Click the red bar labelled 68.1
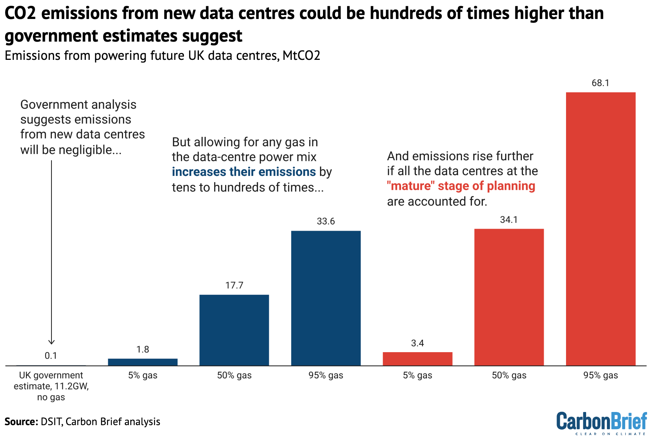[x=600, y=229]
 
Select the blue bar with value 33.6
[x=326, y=298]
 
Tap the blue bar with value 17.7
[x=234, y=330]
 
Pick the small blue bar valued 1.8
[x=143, y=362]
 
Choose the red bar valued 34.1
[x=509, y=297]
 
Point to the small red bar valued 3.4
[x=417, y=359]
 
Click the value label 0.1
[x=51, y=356]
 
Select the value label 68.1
[x=600, y=83]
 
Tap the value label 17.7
[x=234, y=285]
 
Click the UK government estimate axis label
[x=51, y=386]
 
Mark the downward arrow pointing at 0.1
[x=51, y=252]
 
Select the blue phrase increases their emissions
[x=244, y=172]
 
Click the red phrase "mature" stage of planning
[x=461, y=186]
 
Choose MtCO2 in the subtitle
[x=301, y=56]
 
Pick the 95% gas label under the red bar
[x=600, y=375]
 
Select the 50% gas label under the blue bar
[x=234, y=375]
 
